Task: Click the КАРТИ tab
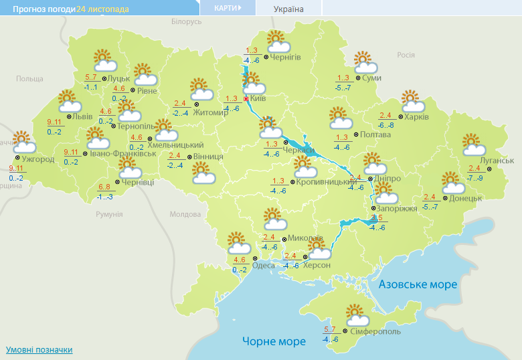228,8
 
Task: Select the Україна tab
288,9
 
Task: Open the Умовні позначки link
39,350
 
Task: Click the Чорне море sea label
274,341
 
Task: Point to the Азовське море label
418,284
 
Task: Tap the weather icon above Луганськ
472,144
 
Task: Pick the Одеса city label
263,266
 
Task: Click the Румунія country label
109,214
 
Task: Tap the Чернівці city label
139,182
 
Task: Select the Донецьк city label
465,199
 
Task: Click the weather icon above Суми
365,62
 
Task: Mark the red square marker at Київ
246,99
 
